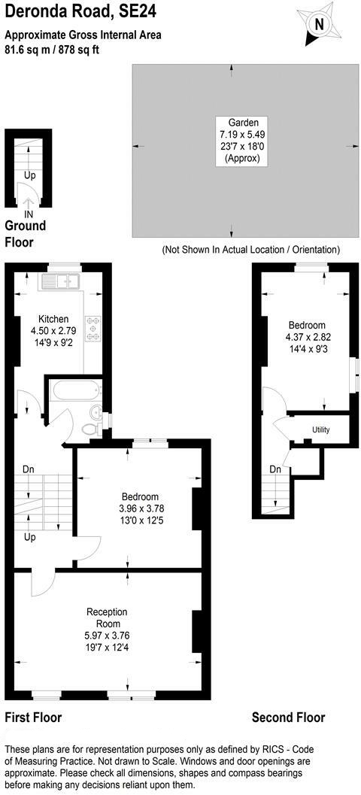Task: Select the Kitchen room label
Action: (x=53, y=320)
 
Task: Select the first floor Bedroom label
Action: (x=140, y=496)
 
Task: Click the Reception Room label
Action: (x=107, y=617)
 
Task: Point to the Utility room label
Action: (x=321, y=430)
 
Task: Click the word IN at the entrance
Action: (x=29, y=214)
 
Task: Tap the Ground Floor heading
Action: (x=26, y=233)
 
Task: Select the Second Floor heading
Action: (x=289, y=718)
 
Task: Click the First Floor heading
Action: (x=33, y=718)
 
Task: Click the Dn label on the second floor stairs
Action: (x=275, y=469)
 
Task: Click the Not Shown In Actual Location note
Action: (x=250, y=250)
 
